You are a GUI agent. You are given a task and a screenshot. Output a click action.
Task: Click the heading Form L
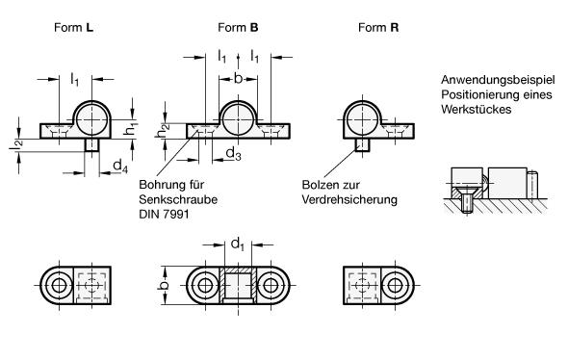tap(73, 28)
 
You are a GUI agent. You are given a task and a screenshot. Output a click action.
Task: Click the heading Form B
tap(238, 28)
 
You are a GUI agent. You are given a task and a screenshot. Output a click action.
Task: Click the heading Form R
tap(378, 28)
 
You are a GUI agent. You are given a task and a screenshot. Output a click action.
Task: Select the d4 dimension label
tap(120, 166)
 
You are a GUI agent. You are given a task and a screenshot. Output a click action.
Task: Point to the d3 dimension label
tap(233, 154)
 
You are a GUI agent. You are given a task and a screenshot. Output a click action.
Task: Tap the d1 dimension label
tap(237, 244)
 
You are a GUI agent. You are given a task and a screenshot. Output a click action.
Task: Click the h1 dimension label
tap(130, 129)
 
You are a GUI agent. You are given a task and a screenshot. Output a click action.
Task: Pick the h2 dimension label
tap(162, 131)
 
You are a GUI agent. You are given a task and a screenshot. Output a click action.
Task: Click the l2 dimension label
tap(16, 145)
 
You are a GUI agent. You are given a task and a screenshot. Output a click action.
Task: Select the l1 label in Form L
tap(74, 79)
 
